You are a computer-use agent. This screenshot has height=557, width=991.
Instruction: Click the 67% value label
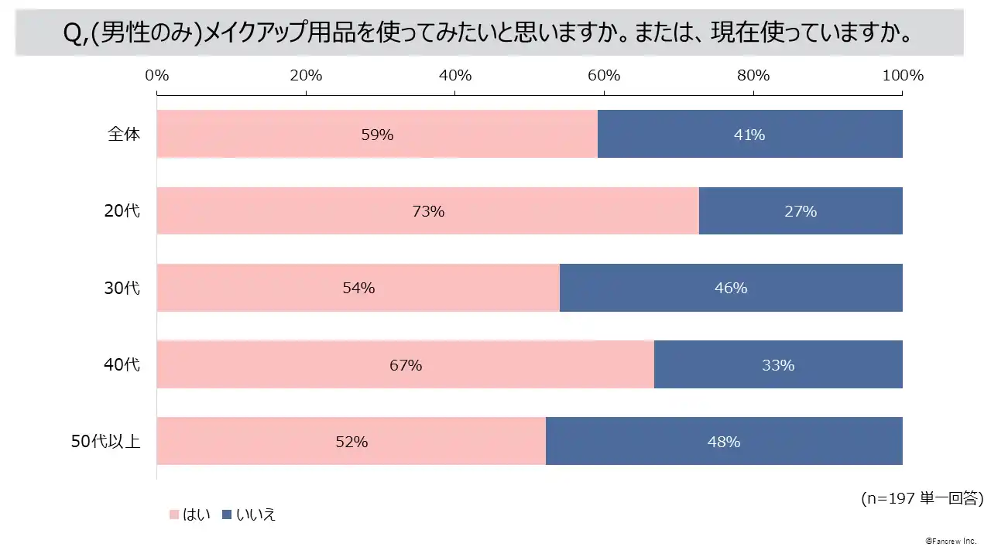[406, 365]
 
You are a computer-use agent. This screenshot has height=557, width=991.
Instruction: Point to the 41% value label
[749, 135]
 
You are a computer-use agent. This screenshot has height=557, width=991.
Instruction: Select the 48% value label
[725, 442]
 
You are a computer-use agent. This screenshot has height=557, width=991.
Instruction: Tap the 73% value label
[428, 211]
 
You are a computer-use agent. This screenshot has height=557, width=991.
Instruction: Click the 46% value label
[731, 288]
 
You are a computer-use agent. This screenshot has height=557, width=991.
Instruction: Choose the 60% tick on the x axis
[604, 75]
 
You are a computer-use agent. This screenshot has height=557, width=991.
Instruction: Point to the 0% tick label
[157, 75]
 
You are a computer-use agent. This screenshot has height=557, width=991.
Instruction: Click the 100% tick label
[903, 75]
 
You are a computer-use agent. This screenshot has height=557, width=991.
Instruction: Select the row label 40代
[122, 364]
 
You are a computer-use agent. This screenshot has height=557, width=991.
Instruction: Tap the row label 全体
[124, 134]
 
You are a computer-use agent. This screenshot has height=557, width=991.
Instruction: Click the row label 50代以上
[105, 442]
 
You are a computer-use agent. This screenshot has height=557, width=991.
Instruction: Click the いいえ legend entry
[249, 514]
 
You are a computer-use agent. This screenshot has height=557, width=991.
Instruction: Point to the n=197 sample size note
[921, 499]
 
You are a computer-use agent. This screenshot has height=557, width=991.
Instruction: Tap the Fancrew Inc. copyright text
[951, 540]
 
